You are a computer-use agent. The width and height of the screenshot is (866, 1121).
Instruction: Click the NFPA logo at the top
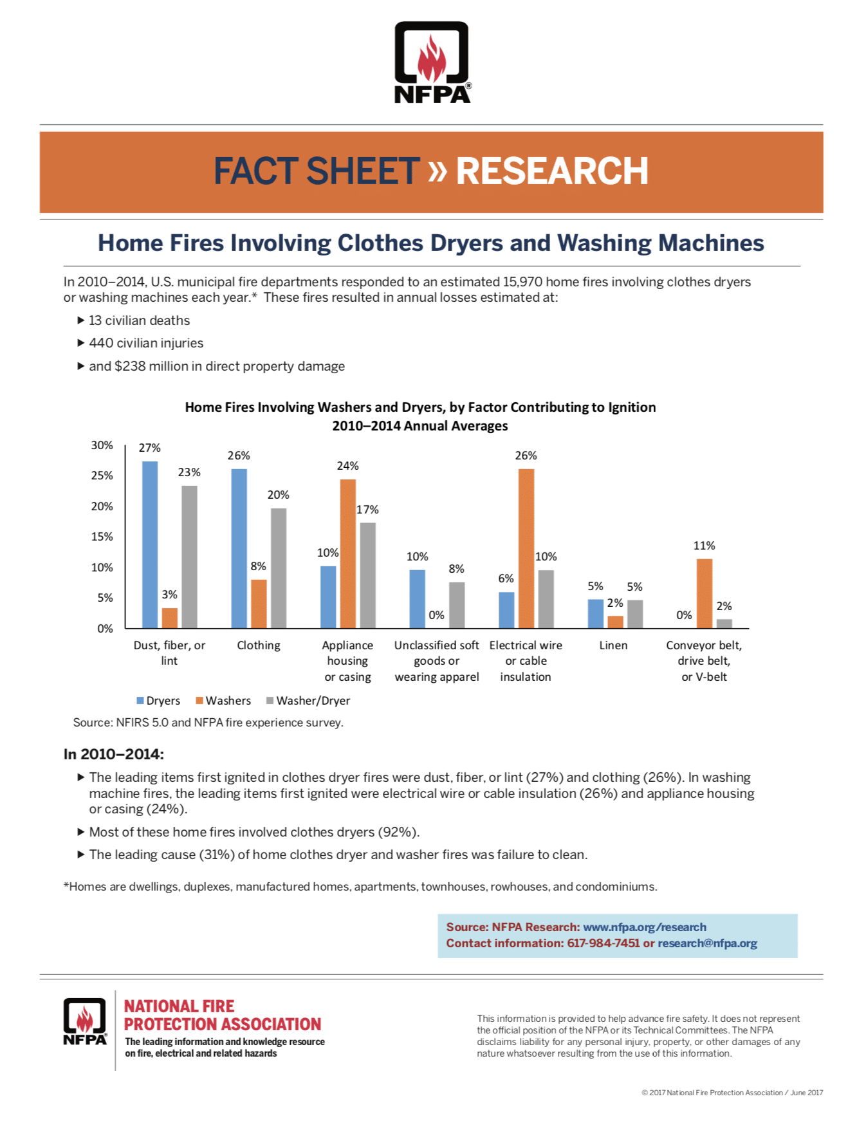pos(432,62)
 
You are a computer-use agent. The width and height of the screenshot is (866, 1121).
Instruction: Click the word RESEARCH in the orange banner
pos(551,171)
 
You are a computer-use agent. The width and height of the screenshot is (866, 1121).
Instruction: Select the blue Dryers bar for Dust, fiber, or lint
pos(150,544)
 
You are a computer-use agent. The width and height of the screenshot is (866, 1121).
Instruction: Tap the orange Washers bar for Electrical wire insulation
pos(526,548)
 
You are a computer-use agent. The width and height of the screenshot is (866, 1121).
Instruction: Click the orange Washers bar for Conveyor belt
pos(705,593)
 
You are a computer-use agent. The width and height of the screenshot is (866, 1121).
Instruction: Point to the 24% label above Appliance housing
pos(347,465)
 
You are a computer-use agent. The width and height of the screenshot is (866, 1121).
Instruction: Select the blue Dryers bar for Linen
pos(596,613)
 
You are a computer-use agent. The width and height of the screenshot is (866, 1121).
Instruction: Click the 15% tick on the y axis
pos(102,537)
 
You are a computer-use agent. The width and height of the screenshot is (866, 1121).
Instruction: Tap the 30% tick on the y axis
pos(102,445)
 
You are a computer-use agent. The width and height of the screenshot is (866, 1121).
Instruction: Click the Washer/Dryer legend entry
pos(308,701)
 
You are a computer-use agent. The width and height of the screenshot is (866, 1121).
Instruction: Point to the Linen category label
pos(613,645)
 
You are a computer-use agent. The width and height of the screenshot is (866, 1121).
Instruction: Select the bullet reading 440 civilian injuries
pos(146,343)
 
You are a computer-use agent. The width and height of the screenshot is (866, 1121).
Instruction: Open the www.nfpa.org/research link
pos(644,927)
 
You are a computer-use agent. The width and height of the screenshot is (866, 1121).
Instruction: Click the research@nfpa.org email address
pos(707,943)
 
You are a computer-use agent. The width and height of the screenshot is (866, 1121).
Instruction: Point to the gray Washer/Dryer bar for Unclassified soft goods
pos(457,605)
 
